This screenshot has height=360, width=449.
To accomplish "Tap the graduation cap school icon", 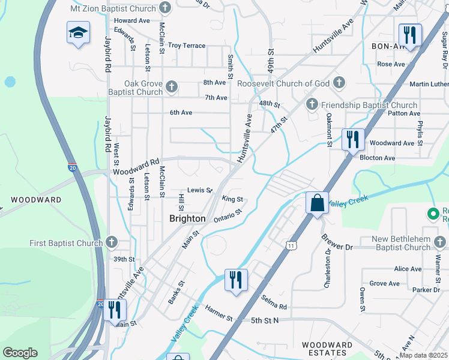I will [78, 32].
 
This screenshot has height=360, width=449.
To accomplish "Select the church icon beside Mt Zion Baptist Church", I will [166, 8].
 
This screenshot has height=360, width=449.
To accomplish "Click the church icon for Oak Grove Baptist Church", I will [171, 88].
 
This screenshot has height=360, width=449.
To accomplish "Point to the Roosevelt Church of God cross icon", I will [339, 83].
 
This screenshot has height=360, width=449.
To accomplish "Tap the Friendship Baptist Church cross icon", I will [312, 105].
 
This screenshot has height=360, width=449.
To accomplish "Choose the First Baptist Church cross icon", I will [111, 242].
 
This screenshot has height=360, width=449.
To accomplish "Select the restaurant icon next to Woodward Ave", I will [353, 139].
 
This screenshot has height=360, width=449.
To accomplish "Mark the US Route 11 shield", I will [291, 245].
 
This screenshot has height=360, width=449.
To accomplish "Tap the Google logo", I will [20, 353].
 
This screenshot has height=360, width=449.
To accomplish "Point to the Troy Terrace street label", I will [187, 46].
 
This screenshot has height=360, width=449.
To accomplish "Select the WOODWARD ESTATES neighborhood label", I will [327, 349].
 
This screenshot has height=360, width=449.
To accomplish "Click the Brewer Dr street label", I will [342, 246].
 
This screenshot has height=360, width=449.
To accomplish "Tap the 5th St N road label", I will [265, 320].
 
